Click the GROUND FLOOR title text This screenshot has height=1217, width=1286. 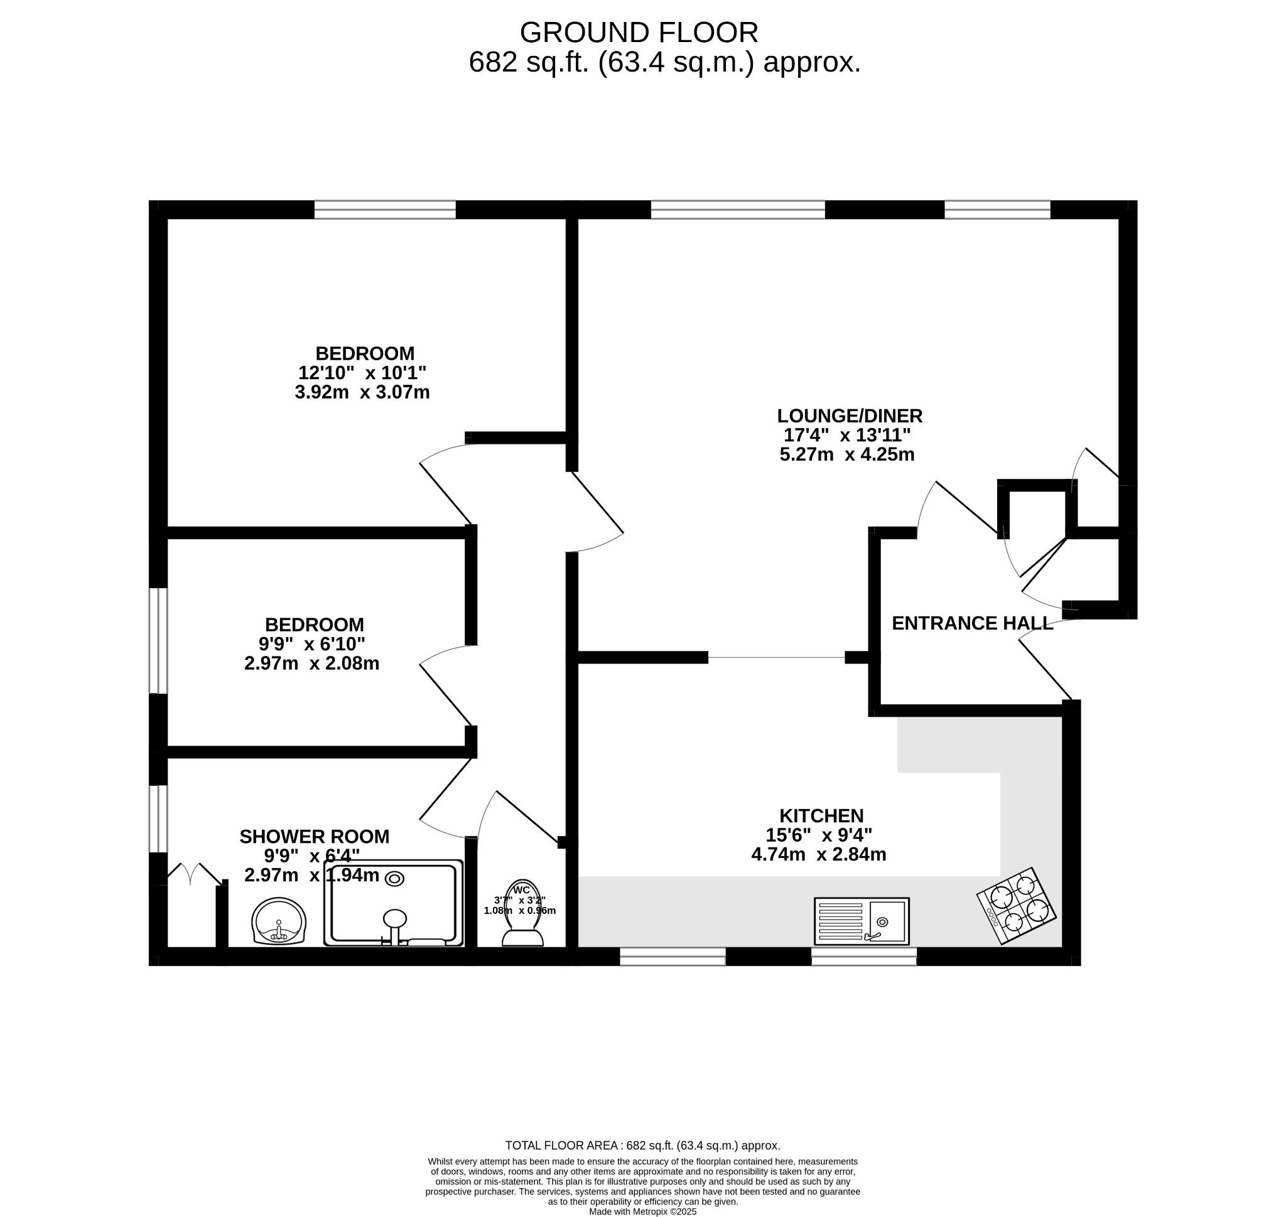pos(639,33)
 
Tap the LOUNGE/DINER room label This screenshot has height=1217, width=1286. pos(850,416)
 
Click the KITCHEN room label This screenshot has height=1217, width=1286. pos(821,815)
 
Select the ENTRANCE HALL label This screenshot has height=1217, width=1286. pos(972,623)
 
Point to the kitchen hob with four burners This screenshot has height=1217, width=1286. pos(1016,906)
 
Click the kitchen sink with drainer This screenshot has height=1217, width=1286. pos(862,921)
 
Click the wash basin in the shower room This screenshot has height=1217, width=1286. pos(279,921)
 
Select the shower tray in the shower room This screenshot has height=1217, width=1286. pos(393,904)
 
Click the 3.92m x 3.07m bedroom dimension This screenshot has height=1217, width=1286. pos(362,392)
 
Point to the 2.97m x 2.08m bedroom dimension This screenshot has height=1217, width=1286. pos(311,663)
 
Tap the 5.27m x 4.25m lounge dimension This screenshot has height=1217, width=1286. pos(847,455)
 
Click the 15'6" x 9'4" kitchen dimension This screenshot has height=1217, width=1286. pos(819,835)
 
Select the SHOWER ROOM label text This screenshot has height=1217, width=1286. pos(314,837)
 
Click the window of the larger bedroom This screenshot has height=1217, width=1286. pos(385,210)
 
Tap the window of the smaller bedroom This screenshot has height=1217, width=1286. pos(158,640)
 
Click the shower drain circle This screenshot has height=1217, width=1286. pos(395,879)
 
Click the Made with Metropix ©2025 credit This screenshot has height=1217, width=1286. pos(642,1211)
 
